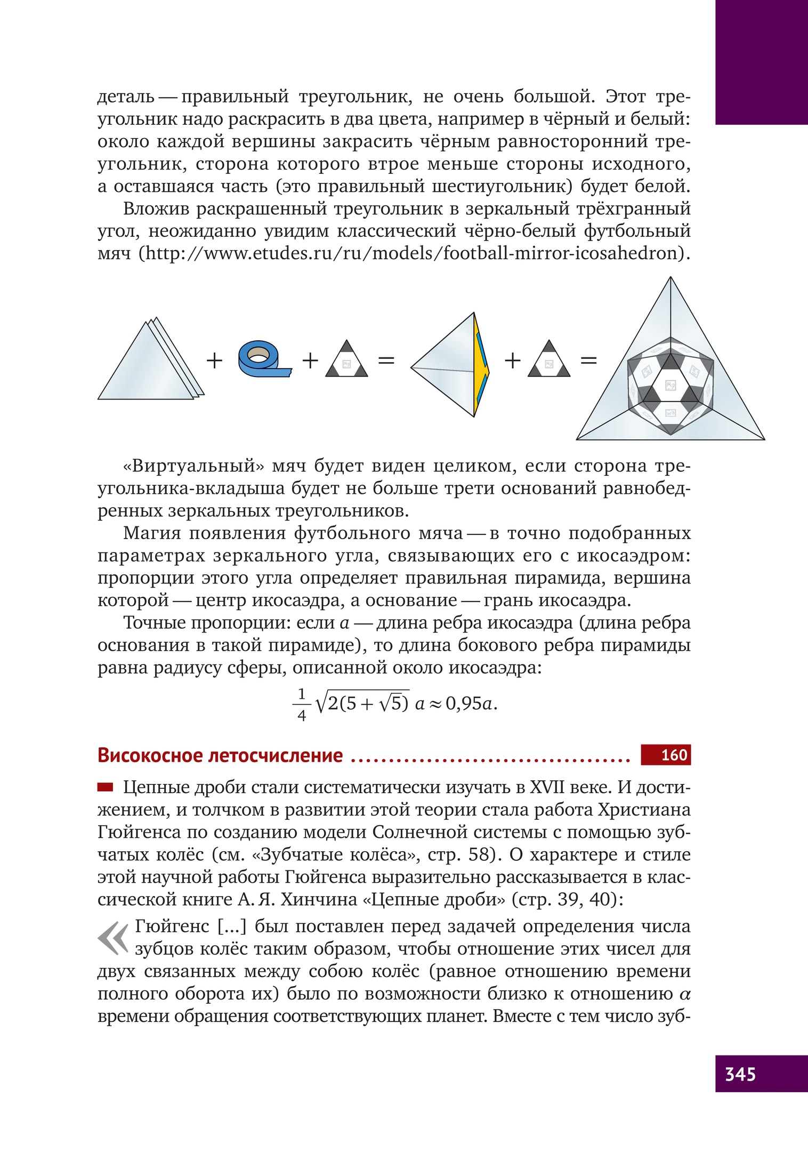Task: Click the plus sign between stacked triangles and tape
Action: point(214,361)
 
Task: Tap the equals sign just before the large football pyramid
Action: point(588,361)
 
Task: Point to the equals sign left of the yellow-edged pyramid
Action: point(386,361)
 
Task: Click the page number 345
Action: point(740,1074)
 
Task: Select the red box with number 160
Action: point(666,755)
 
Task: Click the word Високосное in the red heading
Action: point(150,755)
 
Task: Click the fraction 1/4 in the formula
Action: point(302,704)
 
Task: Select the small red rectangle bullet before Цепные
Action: point(105,786)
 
